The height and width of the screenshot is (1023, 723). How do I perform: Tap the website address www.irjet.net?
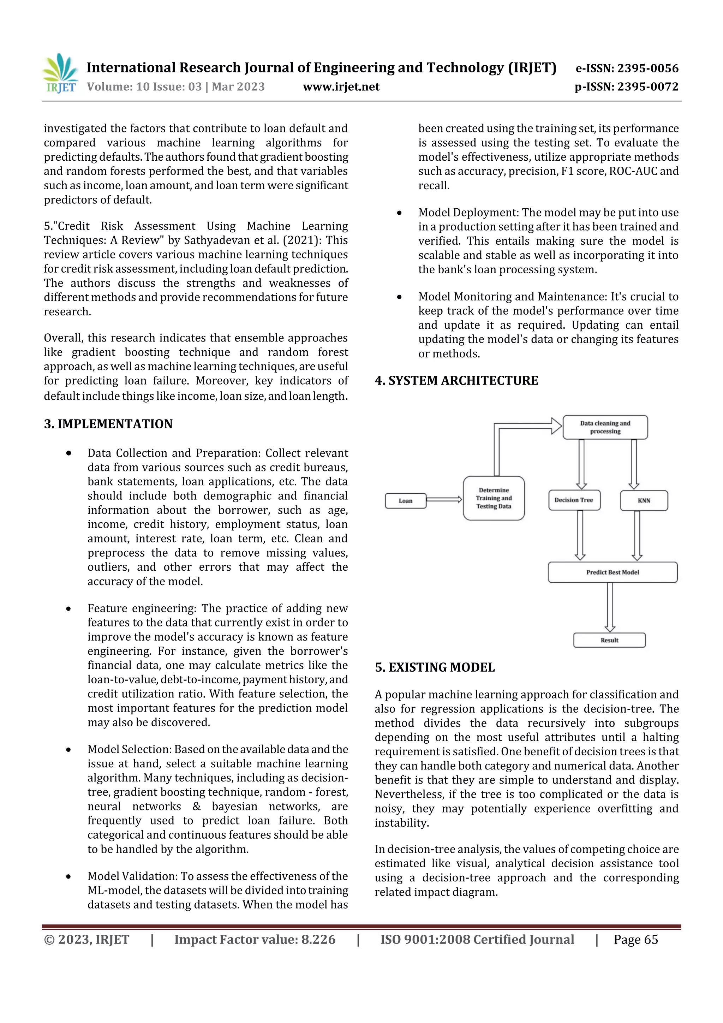pyautogui.click(x=341, y=87)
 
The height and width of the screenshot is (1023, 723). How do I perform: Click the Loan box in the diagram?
pyautogui.click(x=405, y=501)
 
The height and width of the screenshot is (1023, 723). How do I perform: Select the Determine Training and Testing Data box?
pyautogui.click(x=494, y=498)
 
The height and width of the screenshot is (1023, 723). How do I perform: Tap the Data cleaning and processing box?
pyautogui.click(x=605, y=427)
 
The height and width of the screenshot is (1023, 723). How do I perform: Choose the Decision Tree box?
pyautogui.click(x=574, y=500)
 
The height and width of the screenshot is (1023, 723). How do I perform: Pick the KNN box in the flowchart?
pyautogui.click(x=644, y=501)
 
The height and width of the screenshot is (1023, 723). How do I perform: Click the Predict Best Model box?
pyautogui.click(x=613, y=572)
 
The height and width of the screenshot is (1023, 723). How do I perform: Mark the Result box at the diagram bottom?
pyautogui.click(x=609, y=640)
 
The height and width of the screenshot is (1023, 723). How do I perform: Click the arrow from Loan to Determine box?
pyautogui.click(x=444, y=499)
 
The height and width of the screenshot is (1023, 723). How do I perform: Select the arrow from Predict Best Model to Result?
pyautogui.click(x=610, y=607)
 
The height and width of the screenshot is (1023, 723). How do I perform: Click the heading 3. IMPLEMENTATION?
pyautogui.click(x=108, y=424)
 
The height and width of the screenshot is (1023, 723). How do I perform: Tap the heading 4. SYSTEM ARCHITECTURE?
pyautogui.click(x=456, y=381)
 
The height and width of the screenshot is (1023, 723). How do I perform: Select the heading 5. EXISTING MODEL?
pyautogui.click(x=435, y=667)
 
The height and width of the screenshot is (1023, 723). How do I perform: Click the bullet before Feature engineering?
pyautogui.click(x=68, y=609)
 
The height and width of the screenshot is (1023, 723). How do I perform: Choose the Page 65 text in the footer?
pyautogui.click(x=636, y=940)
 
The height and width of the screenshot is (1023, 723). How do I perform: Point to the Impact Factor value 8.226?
pyautogui.click(x=255, y=940)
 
